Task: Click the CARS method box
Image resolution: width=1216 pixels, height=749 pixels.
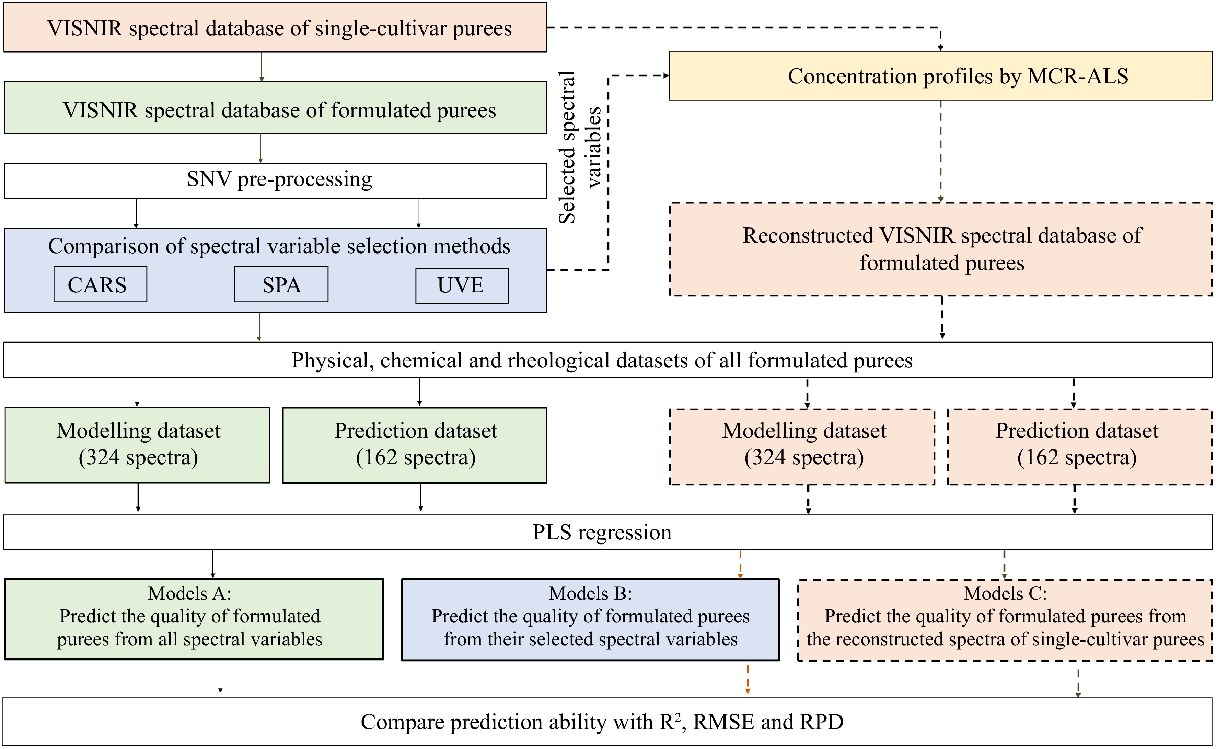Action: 100,284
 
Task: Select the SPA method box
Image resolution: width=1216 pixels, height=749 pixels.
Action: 281,284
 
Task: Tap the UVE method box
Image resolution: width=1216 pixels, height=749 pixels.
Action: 462,286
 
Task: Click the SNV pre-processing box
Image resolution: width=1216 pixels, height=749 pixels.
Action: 276,181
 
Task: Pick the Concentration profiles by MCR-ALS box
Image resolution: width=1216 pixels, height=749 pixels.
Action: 940,76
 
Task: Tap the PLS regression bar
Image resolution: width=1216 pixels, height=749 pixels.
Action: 607,531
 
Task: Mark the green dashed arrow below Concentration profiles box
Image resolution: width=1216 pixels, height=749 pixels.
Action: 940,151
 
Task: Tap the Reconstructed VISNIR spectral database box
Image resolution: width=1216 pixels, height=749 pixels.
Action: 940,249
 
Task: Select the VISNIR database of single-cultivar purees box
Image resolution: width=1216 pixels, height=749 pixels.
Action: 276,28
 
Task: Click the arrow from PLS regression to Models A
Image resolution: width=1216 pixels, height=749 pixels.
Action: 212,564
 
